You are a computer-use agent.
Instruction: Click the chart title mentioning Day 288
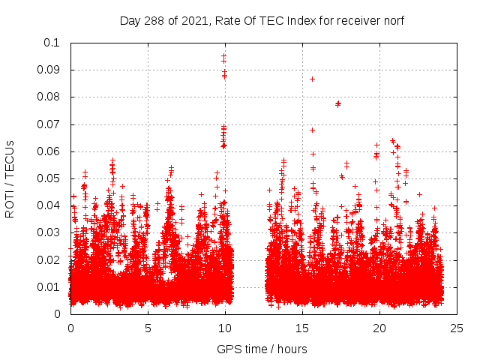click(262, 21)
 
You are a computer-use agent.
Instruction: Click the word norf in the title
click(391, 21)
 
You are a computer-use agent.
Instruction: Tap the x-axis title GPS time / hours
click(262, 349)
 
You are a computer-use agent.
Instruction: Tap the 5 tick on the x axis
click(148, 328)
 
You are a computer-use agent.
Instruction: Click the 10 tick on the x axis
click(225, 328)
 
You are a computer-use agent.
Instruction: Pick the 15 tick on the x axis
click(302, 328)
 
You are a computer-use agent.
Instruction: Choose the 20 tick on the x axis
click(379, 328)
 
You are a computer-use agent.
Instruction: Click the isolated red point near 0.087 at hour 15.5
click(312, 79)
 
